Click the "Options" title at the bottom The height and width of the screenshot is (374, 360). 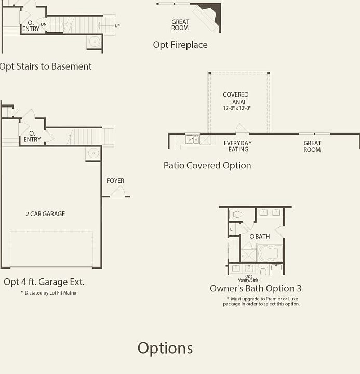165,348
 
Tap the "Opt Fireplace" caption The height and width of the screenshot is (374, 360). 180,45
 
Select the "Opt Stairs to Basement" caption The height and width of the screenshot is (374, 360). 46,66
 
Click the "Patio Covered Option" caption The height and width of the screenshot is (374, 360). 207,165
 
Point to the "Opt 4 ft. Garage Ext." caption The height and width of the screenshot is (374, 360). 44,282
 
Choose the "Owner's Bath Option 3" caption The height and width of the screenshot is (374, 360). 256,288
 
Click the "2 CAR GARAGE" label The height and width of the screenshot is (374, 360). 45,214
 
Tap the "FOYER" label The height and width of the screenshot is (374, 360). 115,181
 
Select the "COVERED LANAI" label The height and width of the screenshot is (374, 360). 236,98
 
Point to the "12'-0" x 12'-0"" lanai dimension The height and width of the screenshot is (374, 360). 237,109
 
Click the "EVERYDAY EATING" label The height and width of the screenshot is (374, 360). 238,146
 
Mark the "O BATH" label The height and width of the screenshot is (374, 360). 260,237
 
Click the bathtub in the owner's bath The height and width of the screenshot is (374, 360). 270,253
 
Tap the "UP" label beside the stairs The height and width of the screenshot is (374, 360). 117,25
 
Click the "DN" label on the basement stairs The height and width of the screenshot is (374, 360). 44,24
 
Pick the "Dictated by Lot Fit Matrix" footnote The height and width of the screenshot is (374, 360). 48,293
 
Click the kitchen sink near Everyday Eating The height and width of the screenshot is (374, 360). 193,139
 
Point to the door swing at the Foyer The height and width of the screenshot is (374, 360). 118,192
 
